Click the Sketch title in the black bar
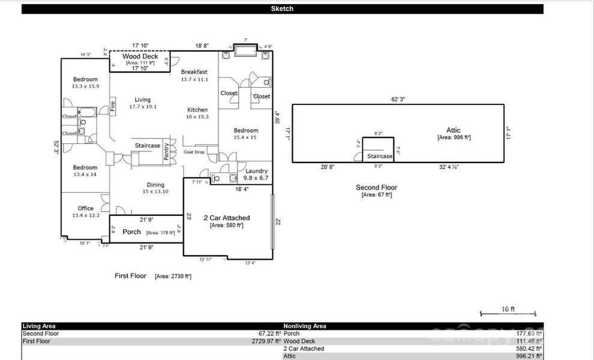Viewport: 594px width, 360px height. [282, 9]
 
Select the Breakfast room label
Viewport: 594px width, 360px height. [194, 72]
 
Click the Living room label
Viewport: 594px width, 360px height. [142, 100]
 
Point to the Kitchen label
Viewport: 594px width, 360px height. [197, 110]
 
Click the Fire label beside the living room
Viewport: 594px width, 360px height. [112, 107]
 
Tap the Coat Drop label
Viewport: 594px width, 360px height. [194, 152]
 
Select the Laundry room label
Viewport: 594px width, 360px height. [256, 172]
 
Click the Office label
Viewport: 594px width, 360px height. [85, 208]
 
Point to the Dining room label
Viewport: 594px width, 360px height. [155, 185]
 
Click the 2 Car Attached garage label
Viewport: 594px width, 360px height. [227, 218]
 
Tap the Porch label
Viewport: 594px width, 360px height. [132, 232]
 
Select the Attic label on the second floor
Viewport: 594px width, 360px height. [454, 130]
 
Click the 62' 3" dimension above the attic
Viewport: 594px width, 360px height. [398, 99]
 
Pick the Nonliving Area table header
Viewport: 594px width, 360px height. [305, 326]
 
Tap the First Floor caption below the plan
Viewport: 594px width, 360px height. [130, 276]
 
